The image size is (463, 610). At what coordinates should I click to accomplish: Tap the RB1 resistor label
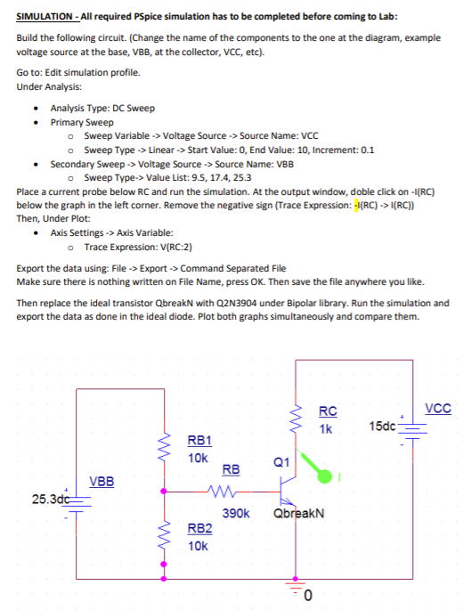(x=199, y=440)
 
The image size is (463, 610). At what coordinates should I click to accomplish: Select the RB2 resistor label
(x=199, y=528)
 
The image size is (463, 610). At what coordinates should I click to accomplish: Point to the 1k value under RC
(x=326, y=428)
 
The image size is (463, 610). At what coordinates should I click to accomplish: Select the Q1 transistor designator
(x=281, y=462)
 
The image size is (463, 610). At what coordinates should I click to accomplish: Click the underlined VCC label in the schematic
(x=439, y=410)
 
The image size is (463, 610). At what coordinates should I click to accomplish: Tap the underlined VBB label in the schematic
(x=102, y=481)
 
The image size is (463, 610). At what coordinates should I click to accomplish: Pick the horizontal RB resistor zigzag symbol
(x=230, y=490)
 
